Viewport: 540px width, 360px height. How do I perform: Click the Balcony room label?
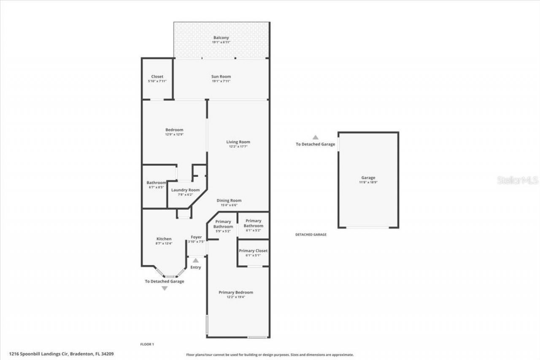pyautogui.click(x=221, y=38)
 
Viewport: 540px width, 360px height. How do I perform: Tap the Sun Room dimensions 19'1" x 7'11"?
pyautogui.click(x=221, y=81)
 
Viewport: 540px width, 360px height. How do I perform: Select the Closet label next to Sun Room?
pyautogui.click(x=157, y=76)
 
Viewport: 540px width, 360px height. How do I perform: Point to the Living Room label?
pyautogui.click(x=238, y=142)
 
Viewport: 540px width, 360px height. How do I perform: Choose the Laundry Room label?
pyautogui.click(x=185, y=190)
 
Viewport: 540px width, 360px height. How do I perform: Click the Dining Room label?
pyautogui.click(x=229, y=200)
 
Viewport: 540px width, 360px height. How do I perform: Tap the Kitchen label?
pyautogui.click(x=164, y=239)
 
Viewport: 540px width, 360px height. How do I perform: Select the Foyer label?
pyautogui.click(x=196, y=237)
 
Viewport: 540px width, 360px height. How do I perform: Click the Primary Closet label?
pyautogui.click(x=253, y=251)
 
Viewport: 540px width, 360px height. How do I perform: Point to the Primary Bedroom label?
pyautogui.click(x=236, y=292)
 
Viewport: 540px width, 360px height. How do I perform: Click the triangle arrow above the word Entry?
pyautogui.click(x=196, y=260)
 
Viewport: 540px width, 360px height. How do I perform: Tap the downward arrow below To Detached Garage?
pyautogui.click(x=165, y=288)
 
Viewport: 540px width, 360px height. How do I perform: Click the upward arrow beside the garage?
pyautogui.click(x=315, y=137)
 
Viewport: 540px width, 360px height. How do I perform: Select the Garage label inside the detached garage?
pyautogui.click(x=368, y=178)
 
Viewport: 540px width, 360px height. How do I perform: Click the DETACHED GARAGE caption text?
pyautogui.click(x=310, y=235)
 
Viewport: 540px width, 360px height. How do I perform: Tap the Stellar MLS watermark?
pyautogui.click(x=518, y=180)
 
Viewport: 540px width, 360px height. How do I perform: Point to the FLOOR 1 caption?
pyautogui.click(x=147, y=344)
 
